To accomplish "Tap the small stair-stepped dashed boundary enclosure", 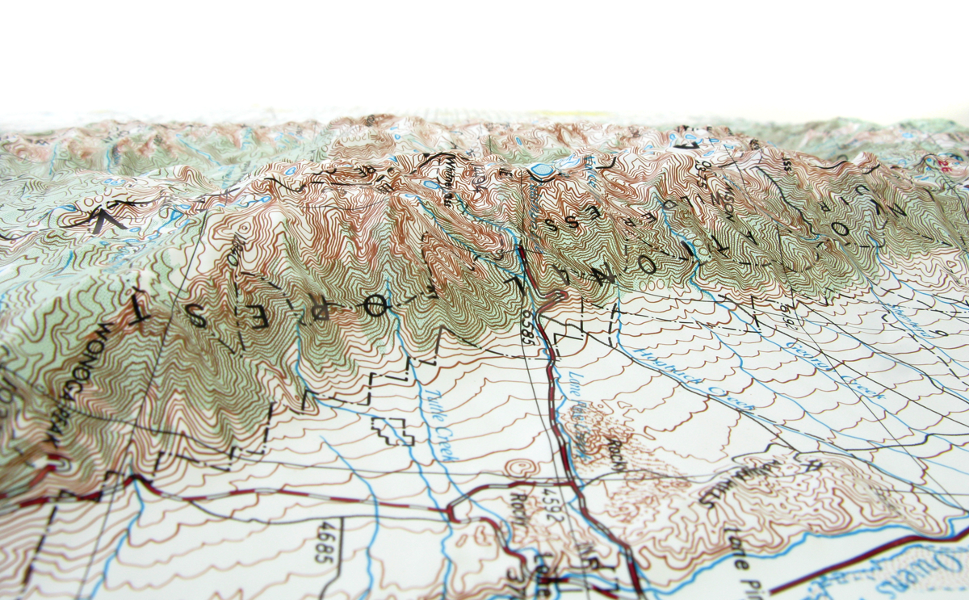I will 393,430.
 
